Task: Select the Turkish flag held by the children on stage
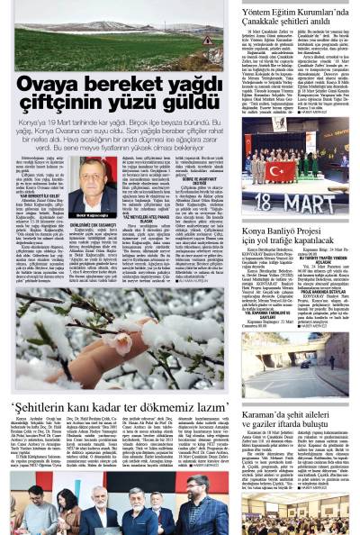(280, 169)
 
